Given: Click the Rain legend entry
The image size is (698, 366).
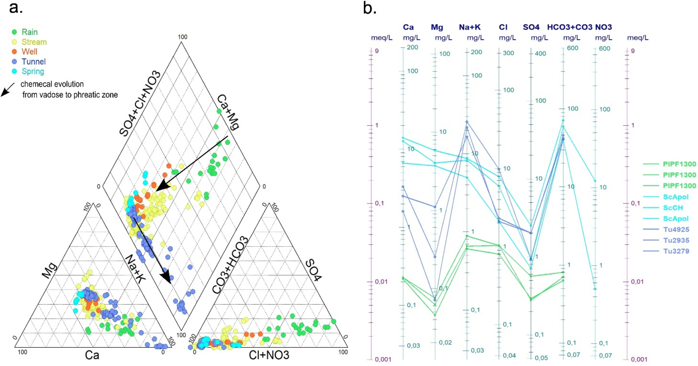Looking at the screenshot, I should tap(29, 32).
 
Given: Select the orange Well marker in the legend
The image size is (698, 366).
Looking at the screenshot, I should tap(15, 52).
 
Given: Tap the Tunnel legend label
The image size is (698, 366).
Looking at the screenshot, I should tap(33, 61).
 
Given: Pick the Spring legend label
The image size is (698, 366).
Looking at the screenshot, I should tap(33, 71).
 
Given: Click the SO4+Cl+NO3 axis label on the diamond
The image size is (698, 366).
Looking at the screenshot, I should tap(140, 104).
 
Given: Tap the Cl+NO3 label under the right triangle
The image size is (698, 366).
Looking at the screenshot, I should tap(269, 355).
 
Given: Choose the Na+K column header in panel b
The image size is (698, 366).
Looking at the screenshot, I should tap(469, 27).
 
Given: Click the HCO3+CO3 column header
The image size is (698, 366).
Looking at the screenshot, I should tap(569, 27).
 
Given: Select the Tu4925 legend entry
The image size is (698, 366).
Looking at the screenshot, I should tap(676, 230).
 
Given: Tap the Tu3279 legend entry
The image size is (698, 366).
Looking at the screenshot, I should tap(676, 251).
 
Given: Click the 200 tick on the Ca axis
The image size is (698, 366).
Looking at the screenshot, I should tap(412, 47).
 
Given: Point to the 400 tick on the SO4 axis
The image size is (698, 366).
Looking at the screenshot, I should tap(540, 53).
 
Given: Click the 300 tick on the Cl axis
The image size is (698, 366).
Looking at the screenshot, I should tap(508, 53).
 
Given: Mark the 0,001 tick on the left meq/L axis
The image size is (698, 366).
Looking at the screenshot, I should tap(383, 359).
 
